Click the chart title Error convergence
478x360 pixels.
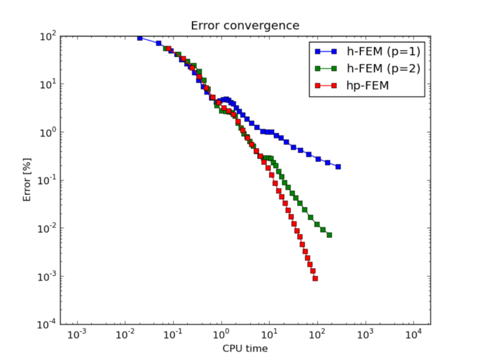coord(244,25)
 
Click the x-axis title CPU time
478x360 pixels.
coord(244,348)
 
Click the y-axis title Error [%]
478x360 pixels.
coord(28,180)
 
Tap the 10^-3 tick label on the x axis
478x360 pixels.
coord(77,334)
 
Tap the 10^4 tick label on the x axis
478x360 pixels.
coord(414,334)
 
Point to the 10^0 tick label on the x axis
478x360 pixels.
coord(222,334)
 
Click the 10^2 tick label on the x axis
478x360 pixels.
coord(318,334)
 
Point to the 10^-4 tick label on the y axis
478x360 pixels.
coord(47,325)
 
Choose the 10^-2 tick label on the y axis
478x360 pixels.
coord(47,229)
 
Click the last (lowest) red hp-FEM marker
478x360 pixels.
coord(315,278)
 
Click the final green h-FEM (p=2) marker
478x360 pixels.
coord(329,235)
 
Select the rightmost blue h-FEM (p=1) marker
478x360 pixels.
coord(338,167)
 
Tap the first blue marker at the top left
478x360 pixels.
coord(140,38)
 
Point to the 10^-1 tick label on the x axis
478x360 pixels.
coord(173,334)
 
